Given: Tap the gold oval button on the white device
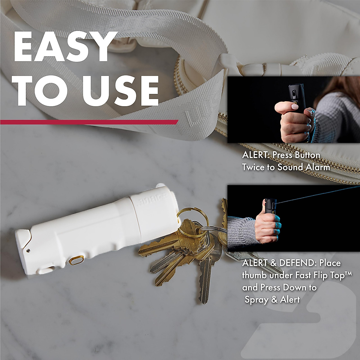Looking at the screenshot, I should click(x=77, y=260).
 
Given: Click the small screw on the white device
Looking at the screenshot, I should click(x=28, y=250).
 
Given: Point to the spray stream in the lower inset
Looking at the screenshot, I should click(x=315, y=195).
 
